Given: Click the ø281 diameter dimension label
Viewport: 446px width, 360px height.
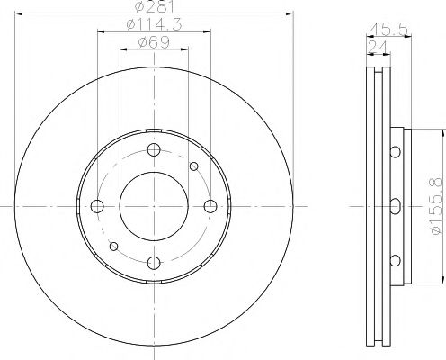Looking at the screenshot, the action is click(154, 6).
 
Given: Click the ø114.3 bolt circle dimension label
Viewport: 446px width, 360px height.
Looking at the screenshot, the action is click(155, 24).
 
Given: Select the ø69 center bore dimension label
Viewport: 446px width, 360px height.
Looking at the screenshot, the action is click(154, 42).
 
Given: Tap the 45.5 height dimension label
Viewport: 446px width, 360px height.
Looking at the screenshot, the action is click(388, 30).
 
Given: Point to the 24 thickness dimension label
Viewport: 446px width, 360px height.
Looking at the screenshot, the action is click(378, 47).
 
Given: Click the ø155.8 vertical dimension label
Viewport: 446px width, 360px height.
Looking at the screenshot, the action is click(435, 206).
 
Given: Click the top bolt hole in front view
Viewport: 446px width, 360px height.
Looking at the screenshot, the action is click(154, 149).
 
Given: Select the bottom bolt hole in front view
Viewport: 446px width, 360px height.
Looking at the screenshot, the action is click(154, 263).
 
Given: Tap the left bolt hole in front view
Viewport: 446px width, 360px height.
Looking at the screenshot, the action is click(97, 206).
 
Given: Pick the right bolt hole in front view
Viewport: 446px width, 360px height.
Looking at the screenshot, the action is click(210, 206).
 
